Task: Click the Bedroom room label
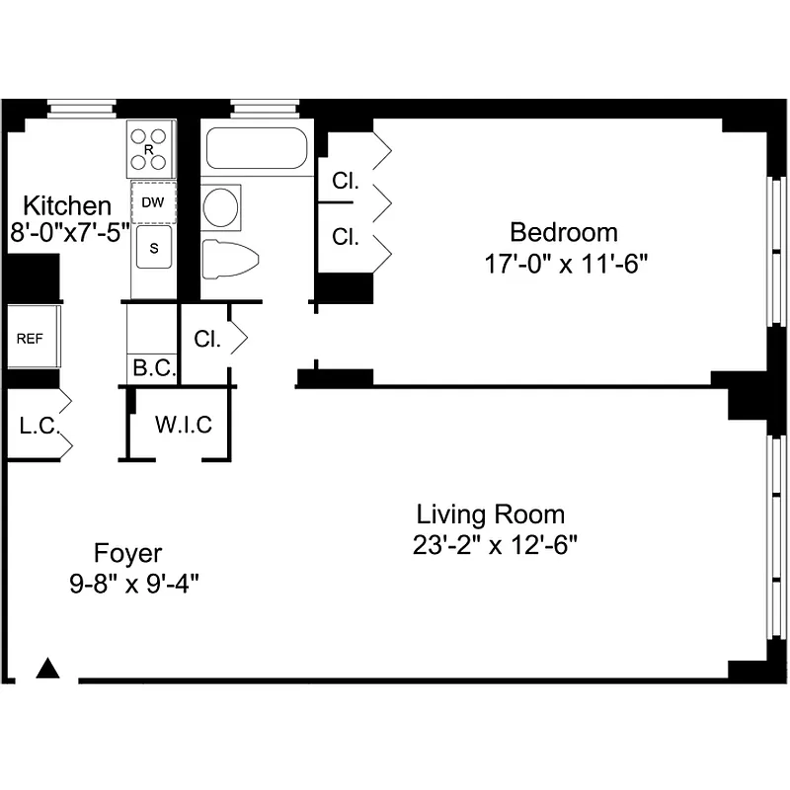(563, 232)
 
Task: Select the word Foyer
(127, 552)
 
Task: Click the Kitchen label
(67, 206)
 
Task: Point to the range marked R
(151, 149)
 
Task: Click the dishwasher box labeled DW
(153, 202)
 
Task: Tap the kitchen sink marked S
(153, 248)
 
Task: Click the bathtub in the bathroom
(256, 149)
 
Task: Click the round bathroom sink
(221, 206)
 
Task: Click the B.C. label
(153, 369)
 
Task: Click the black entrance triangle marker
(48, 669)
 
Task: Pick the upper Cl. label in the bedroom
(345, 182)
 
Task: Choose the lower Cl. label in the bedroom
(345, 237)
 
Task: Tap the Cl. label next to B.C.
(207, 339)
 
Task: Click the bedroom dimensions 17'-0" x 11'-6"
(564, 264)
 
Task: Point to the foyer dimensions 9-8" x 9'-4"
(134, 583)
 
